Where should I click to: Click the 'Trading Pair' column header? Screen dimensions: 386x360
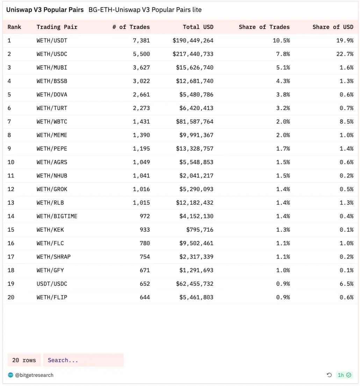click(57, 27)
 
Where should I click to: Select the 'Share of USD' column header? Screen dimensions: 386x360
click(333, 27)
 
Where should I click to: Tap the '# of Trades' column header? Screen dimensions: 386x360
click(131, 27)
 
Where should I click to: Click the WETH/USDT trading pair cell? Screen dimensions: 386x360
click(52, 41)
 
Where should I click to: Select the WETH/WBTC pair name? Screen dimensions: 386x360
click(52, 122)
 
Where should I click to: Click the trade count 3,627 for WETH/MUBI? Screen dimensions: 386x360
click(141, 67)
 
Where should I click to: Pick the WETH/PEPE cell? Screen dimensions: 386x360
click(52, 149)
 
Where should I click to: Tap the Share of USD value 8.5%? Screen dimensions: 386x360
click(346, 122)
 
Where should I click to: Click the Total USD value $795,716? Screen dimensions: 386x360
click(200, 230)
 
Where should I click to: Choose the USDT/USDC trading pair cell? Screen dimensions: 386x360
click(52, 284)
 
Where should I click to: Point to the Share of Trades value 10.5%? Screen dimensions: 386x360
click(281, 41)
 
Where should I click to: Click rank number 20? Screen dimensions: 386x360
click(11, 297)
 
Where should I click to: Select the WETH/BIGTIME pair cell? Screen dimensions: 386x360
click(57, 216)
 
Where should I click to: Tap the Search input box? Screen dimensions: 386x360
click(84, 360)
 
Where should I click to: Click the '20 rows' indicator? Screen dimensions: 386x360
click(24, 360)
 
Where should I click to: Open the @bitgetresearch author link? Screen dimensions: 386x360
click(34, 375)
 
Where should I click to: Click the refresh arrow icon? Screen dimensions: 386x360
click(329, 375)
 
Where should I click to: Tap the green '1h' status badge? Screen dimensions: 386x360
click(344, 375)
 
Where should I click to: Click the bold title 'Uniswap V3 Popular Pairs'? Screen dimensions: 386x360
click(45, 10)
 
